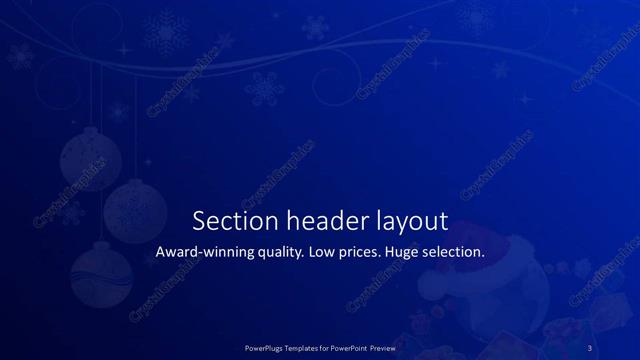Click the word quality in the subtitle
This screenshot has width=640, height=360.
281,254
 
